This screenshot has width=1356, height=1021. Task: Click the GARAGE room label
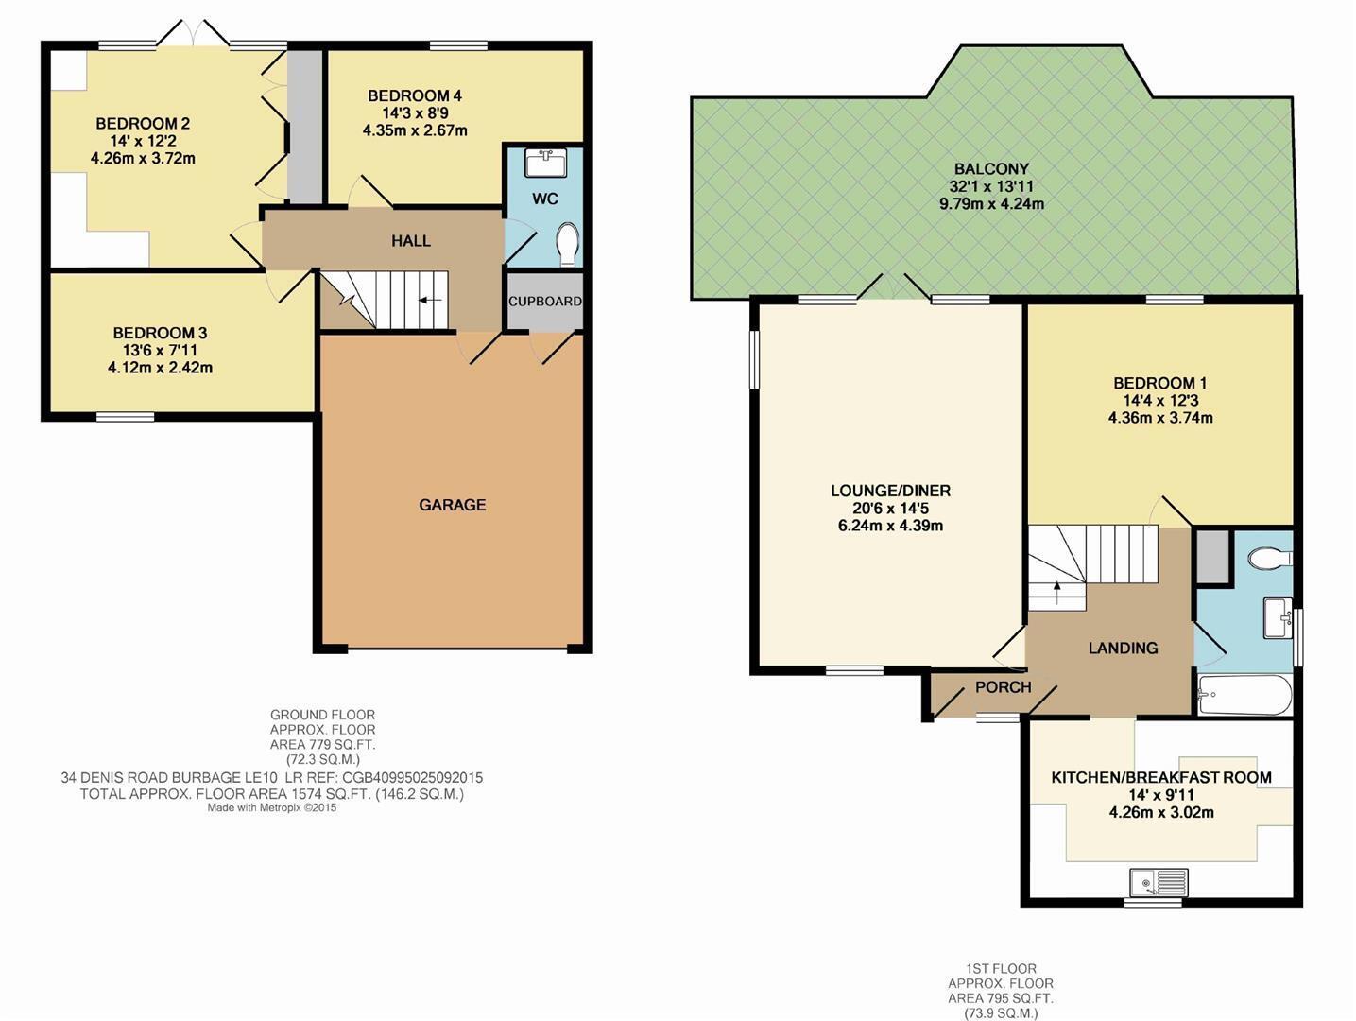453,505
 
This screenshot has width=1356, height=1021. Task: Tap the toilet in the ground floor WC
568,244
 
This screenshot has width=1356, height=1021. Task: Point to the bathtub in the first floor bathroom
1244,695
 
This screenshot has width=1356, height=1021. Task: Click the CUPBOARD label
545,301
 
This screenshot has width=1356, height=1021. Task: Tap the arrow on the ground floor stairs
430,301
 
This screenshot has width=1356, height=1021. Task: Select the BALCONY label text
991,168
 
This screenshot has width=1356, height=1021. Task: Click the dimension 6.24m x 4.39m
890,526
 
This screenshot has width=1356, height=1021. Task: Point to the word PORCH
1004,687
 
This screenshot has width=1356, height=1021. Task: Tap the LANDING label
1124,648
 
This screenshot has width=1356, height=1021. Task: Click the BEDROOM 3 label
160,333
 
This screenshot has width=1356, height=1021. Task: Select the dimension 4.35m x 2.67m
415,130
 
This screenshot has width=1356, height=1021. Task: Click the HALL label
411,240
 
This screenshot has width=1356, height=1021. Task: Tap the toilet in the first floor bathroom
1270,560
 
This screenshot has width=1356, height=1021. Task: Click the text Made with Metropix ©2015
272,807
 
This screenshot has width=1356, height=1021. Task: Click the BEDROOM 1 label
1160,383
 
